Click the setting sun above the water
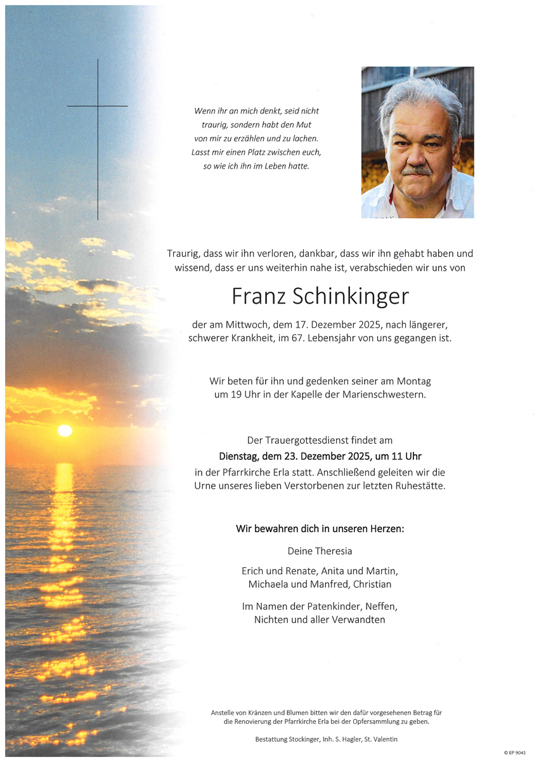[x=65, y=430]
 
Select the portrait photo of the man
[x=417, y=142]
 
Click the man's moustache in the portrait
[x=416, y=170]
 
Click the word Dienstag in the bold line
[x=240, y=456]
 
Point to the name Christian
[x=371, y=584]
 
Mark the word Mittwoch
[x=249, y=325]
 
